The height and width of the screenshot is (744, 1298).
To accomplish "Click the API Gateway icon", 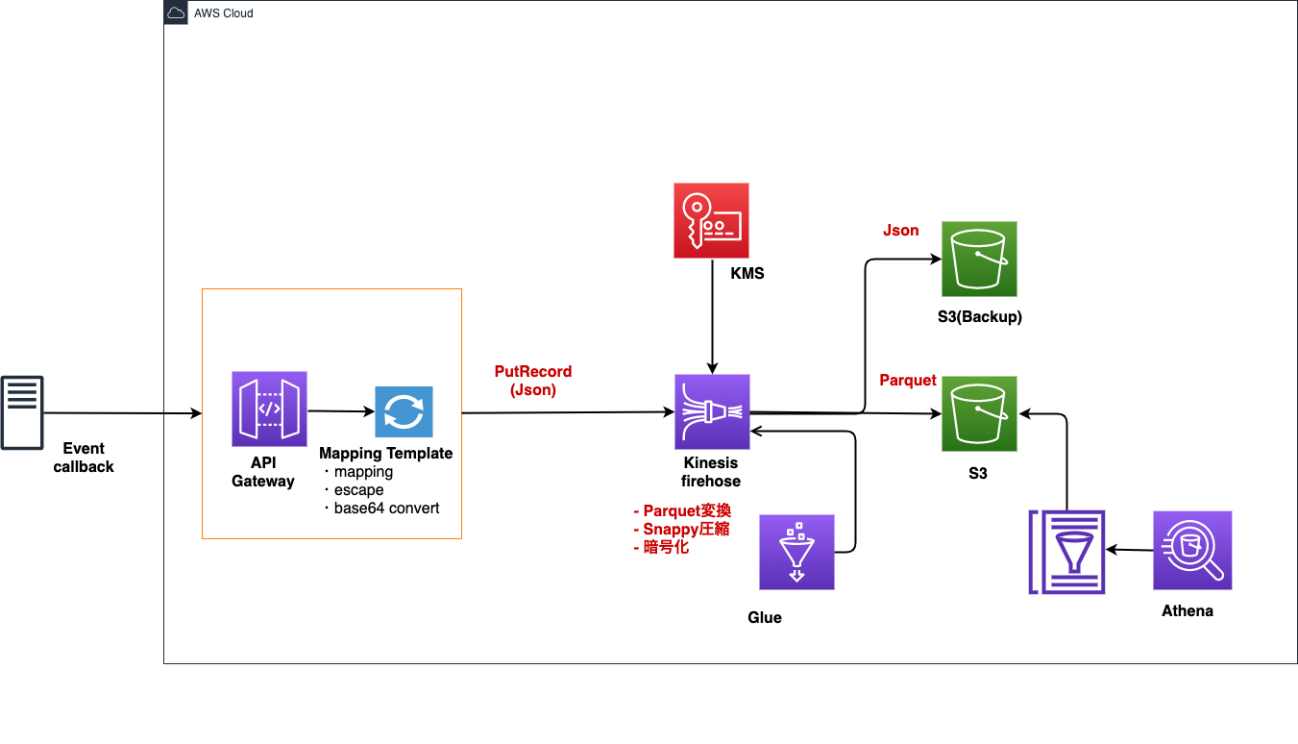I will point(269,409).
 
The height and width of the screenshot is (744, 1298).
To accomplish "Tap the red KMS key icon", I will point(711,221).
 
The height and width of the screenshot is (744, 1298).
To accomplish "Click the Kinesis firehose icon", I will point(712,412).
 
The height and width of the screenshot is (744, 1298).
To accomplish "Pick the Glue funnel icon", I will point(796,552).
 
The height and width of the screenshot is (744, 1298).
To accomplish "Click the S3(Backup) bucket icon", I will point(979,259).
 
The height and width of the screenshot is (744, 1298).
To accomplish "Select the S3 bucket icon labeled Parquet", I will point(979,413).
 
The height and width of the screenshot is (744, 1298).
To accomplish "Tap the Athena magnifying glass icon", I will point(1192,550).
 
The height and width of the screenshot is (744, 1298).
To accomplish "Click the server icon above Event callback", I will point(22,413).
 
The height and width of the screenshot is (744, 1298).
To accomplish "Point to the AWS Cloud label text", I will point(224,13).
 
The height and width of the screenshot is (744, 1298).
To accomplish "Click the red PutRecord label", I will point(532,372).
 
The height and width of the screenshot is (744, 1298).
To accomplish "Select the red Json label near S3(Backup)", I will point(900,231).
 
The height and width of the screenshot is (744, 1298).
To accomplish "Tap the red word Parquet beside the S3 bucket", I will point(907,381).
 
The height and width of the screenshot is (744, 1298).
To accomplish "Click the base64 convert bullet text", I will point(386,508).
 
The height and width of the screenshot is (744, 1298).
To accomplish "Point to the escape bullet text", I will point(358,490).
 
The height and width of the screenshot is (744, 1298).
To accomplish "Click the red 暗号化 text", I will point(666,548).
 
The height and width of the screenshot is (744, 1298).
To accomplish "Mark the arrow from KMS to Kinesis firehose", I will point(711,317).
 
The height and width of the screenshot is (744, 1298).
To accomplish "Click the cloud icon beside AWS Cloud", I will point(176,13).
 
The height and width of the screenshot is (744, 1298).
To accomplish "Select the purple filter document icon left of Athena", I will point(1066,552).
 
